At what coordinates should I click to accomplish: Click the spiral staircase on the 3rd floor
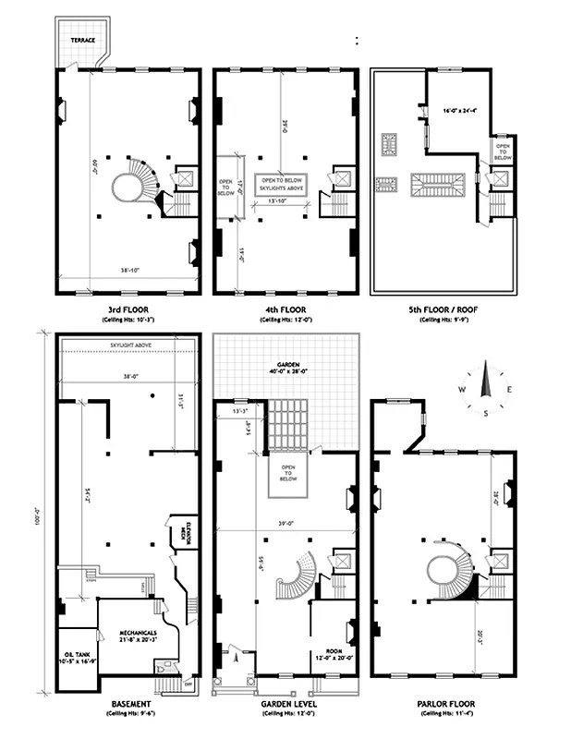click(x=135, y=181)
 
